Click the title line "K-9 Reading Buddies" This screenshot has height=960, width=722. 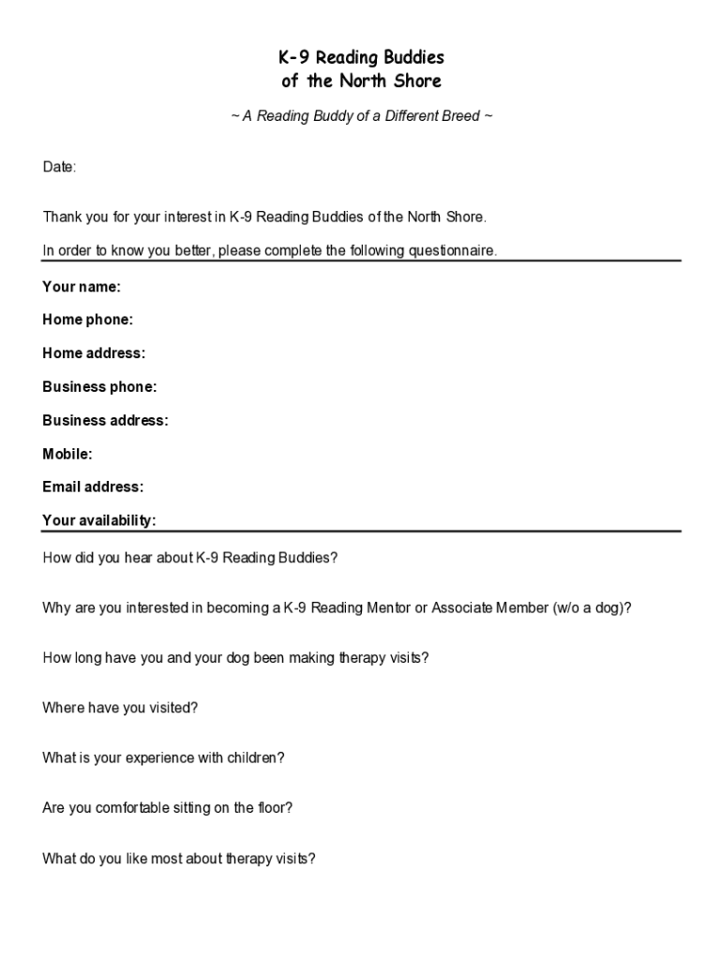point(361,58)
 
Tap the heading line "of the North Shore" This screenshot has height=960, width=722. point(361,82)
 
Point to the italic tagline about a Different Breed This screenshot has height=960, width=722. point(361,116)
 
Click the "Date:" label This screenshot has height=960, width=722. point(59,167)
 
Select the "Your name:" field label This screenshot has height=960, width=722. point(82,287)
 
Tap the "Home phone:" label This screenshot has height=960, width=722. point(88,320)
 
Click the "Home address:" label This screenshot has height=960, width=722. point(94,353)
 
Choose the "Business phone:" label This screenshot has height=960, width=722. point(99,387)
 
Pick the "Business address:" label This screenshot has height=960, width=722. point(105,421)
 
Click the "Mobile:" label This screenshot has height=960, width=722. point(68,455)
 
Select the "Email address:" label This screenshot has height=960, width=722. point(93,487)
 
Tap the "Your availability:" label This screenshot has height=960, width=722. point(99,520)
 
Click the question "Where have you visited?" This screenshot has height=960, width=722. point(120,708)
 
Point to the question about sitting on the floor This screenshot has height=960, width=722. point(168,807)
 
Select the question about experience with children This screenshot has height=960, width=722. point(163,757)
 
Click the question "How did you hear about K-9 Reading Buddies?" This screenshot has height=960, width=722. point(190,558)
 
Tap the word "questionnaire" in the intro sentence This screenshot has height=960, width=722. point(450,251)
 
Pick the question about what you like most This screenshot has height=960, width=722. point(179,858)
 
